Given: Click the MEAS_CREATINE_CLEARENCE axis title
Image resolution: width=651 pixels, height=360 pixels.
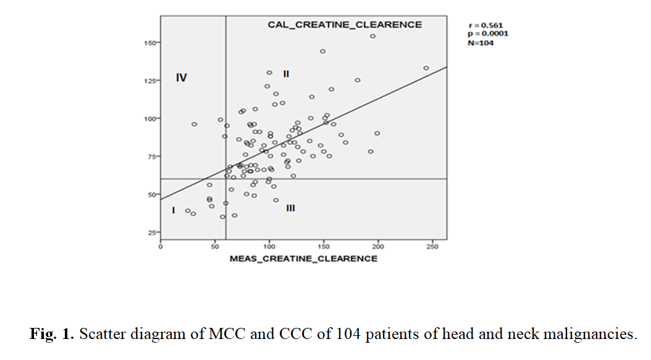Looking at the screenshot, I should click(303, 259).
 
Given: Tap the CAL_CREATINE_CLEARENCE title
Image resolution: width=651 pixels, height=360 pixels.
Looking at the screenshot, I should click(345, 25).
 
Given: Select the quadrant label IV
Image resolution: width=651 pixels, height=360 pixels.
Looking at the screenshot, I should click(182, 78).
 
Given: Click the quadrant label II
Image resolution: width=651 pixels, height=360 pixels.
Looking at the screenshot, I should click(286, 74).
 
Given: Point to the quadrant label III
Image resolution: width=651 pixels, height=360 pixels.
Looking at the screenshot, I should click(290, 208).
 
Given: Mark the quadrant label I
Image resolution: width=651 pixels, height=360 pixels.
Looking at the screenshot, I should click(174, 211).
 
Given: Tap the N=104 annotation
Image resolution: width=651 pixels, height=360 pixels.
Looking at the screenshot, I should click(481, 43).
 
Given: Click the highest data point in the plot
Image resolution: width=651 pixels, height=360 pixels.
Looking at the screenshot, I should click(373, 36).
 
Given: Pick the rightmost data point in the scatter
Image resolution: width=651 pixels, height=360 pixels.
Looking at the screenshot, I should click(426, 68).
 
